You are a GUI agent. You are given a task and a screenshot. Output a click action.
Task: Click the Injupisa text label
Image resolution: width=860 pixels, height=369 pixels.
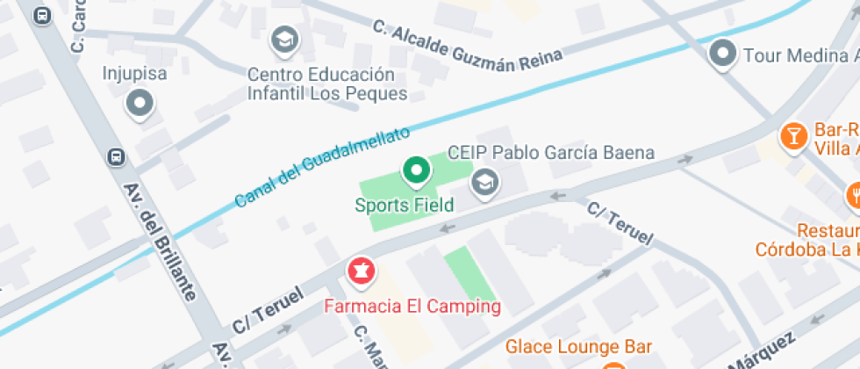[135, 73]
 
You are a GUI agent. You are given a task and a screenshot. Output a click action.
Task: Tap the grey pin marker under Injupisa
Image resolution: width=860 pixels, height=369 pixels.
[140, 105]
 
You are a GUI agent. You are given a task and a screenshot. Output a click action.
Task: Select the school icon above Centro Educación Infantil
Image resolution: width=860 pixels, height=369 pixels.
[284, 39]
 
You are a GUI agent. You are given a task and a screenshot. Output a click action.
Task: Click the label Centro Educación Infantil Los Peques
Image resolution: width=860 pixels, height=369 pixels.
[327, 83]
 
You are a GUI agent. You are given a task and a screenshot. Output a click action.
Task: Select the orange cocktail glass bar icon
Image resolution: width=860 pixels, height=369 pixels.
[793, 135]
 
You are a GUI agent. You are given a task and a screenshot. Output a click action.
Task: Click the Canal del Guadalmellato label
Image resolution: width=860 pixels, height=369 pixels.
[322, 168]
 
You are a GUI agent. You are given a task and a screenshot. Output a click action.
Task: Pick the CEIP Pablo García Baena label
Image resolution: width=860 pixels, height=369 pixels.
[551, 153]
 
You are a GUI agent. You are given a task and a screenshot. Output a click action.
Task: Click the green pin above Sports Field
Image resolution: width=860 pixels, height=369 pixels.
[416, 170]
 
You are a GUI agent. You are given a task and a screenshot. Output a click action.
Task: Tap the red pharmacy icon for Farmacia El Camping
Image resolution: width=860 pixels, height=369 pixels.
[360, 271]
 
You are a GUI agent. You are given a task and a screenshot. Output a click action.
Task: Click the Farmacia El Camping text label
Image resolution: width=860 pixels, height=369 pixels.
[412, 307]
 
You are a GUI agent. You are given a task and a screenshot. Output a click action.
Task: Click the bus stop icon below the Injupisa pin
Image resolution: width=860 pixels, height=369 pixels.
[115, 156]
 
